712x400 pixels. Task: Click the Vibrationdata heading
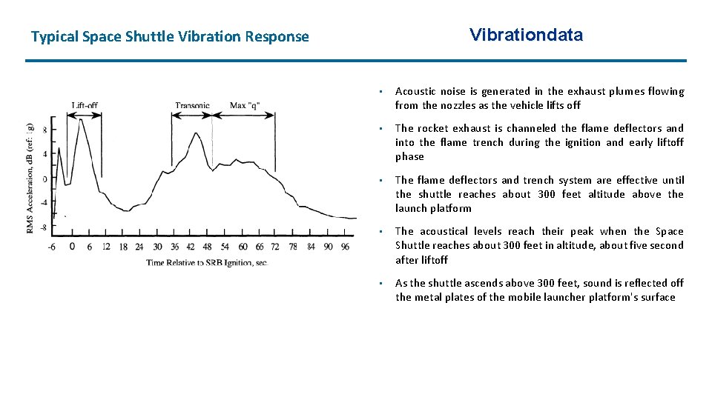pos(526,35)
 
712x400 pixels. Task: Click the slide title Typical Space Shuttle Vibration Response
pos(170,36)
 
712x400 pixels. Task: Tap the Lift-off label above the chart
pos(85,105)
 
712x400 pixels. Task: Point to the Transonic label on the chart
pos(192,105)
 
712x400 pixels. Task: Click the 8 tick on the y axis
pos(44,130)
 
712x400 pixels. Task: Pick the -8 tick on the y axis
pos(43,227)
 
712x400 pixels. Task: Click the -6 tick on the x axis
pos(51,247)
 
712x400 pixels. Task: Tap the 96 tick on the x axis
pos(345,247)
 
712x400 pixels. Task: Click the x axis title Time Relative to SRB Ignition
pos(206,262)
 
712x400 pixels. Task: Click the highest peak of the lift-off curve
pos(80,120)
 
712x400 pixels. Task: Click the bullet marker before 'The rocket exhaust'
pos(379,129)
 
